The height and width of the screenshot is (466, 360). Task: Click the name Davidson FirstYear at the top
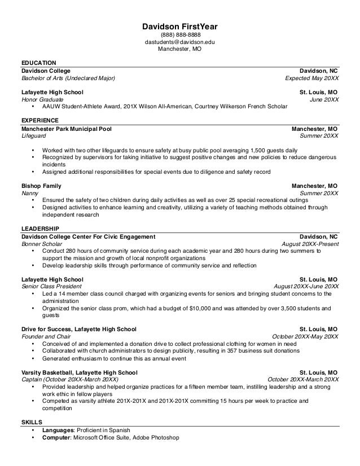179,27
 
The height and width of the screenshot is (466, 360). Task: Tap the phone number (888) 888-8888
179,35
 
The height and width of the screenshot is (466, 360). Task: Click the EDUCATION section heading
38,62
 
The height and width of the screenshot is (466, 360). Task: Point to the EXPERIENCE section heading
39,120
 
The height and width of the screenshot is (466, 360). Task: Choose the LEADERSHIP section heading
39,228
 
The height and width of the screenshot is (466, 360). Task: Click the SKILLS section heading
31,422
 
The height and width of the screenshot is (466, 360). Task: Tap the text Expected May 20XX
311,78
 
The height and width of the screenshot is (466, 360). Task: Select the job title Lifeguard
34,136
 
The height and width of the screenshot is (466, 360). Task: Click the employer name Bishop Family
41,186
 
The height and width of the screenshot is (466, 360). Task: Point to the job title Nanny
30,193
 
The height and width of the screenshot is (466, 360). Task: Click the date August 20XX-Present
310,244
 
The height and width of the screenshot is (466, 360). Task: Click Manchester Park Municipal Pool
67,129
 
